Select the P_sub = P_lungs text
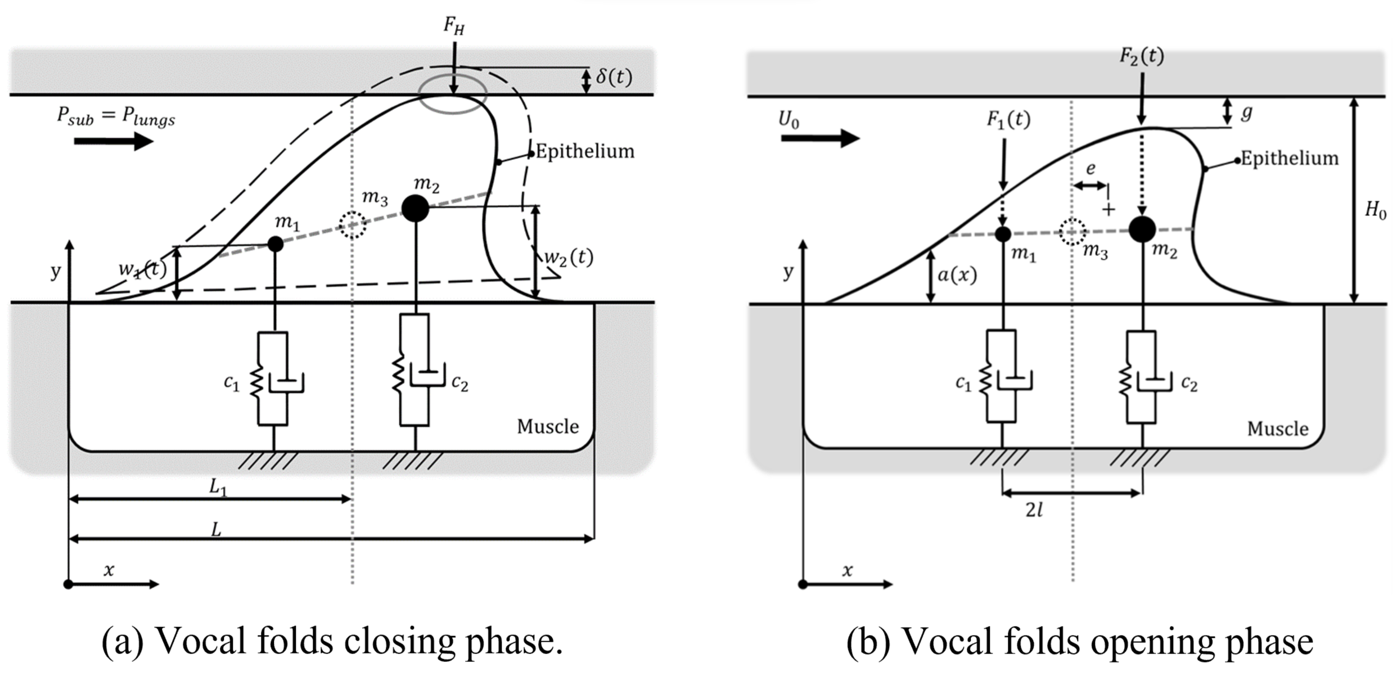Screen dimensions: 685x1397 coord(116,116)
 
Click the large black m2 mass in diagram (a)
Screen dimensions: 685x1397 coord(415,209)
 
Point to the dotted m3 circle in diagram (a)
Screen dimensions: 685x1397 coord(352,225)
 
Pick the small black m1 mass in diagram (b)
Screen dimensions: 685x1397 coord(1003,234)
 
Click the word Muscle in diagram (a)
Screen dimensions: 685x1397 coord(547,427)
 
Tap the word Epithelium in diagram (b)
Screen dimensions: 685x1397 coord(1289,159)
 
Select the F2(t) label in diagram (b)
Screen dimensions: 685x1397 coord(1142,56)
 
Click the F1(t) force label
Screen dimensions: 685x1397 coord(1008,120)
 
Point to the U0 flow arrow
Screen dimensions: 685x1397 coord(820,137)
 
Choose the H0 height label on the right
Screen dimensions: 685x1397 coord(1375,211)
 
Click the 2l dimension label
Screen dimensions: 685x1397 coord(1034,511)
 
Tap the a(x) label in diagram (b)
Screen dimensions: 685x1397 coord(957,275)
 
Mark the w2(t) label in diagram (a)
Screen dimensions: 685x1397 coord(569,258)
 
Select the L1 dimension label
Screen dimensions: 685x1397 coord(218,487)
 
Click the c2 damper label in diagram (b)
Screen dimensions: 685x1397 coord(1189,384)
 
